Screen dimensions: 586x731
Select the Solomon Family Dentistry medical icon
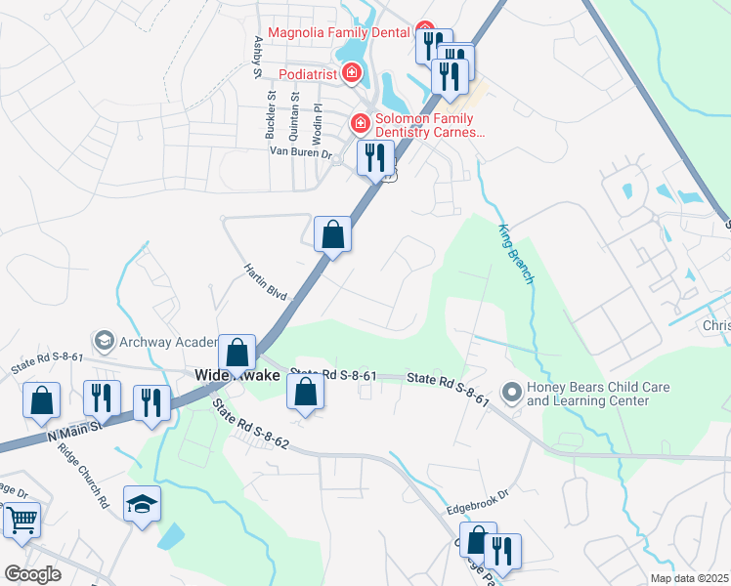point(360,123)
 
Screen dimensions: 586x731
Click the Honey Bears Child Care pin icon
point(510,394)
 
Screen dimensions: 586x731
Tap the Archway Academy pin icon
point(103,341)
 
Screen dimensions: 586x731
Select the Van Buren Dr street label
point(302,152)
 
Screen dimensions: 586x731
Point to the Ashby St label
point(258,57)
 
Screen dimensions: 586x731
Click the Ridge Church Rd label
point(96,477)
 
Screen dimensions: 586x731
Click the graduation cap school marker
point(142,505)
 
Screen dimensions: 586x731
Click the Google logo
point(31,574)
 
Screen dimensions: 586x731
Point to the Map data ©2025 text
point(688,578)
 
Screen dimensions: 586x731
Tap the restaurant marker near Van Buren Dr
point(375,157)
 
